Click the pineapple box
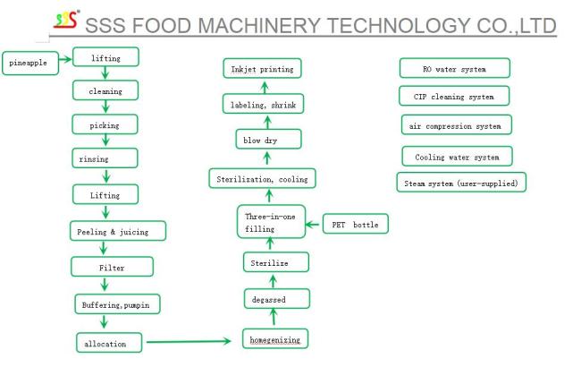(30, 63)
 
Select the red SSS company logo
(66, 20)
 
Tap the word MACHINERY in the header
(259, 26)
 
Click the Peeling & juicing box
(118, 231)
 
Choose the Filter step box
(112, 267)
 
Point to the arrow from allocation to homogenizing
(189, 341)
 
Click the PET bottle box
(356, 224)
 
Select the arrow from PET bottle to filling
(312, 224)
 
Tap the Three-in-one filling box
(271, 221)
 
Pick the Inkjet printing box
(262, 69)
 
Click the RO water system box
(455, 68)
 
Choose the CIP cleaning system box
(454, 96)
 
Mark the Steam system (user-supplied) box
(461, 183)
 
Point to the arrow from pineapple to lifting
(65, 59)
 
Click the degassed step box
(277, 299)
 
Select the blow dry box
(269, 139)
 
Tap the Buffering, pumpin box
(117, 304)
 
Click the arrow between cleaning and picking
(105, 107)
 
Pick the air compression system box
(457, 124)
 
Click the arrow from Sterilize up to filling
(270, 243)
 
